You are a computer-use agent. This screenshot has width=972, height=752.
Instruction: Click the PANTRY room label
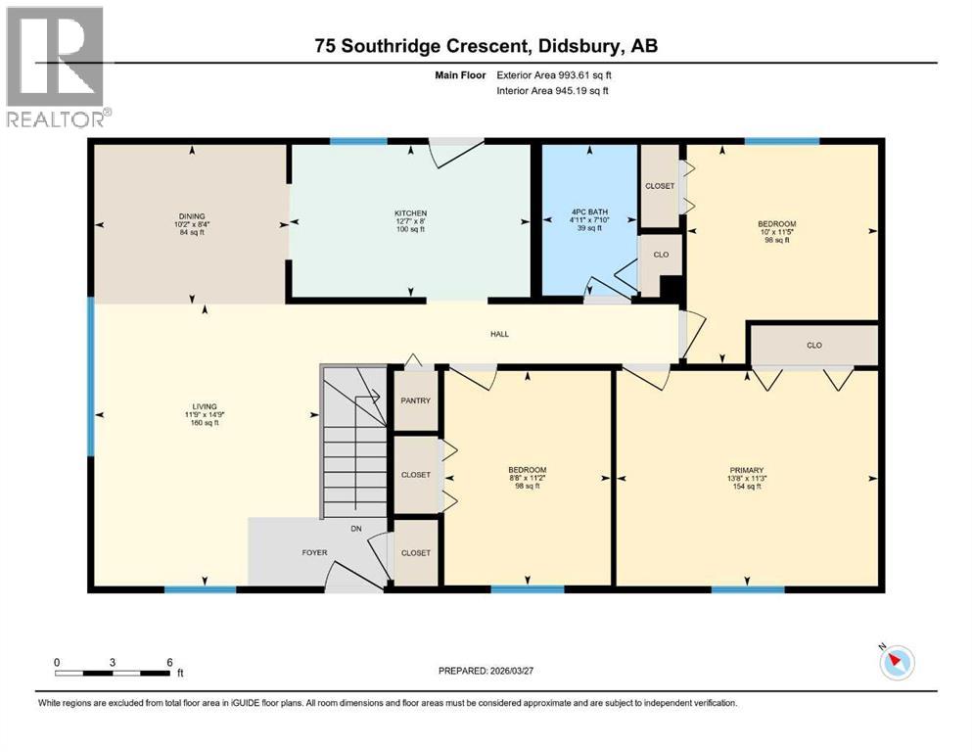415,400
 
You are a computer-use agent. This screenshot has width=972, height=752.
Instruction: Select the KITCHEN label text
410,213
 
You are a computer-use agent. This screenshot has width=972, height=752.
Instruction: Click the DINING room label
192,216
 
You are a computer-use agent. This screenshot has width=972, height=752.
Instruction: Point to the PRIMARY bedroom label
746,470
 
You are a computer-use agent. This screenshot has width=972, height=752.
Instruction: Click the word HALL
499,334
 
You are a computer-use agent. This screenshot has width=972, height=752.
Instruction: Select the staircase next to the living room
355,441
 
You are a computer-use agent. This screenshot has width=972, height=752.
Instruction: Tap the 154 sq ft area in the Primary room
746,487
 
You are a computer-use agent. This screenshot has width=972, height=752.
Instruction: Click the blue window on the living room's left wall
91,377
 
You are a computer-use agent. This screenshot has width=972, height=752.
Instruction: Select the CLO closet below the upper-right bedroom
813,345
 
